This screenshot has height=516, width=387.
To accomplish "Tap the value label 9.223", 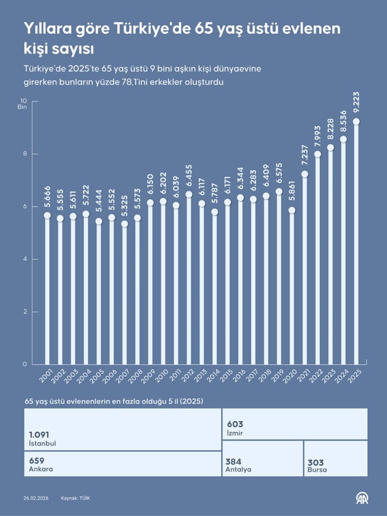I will (x=357, y=103).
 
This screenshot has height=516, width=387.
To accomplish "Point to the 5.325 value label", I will (x=124, y=206).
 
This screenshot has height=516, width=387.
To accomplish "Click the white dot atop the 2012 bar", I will (x=189, y=194).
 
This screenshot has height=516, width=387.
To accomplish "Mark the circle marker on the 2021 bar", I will (x=305, y=174).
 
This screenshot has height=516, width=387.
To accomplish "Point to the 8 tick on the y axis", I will (x=21, y=154).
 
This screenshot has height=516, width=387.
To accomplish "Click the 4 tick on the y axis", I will (x=21, y=259).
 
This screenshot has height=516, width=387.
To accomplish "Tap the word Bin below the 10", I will (x=22, y=107).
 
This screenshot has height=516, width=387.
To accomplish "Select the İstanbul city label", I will (x=43, y=443).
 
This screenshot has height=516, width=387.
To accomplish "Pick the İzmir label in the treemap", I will (x=235, y=433).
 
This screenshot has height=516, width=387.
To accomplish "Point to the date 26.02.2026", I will (x=36, y=498).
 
